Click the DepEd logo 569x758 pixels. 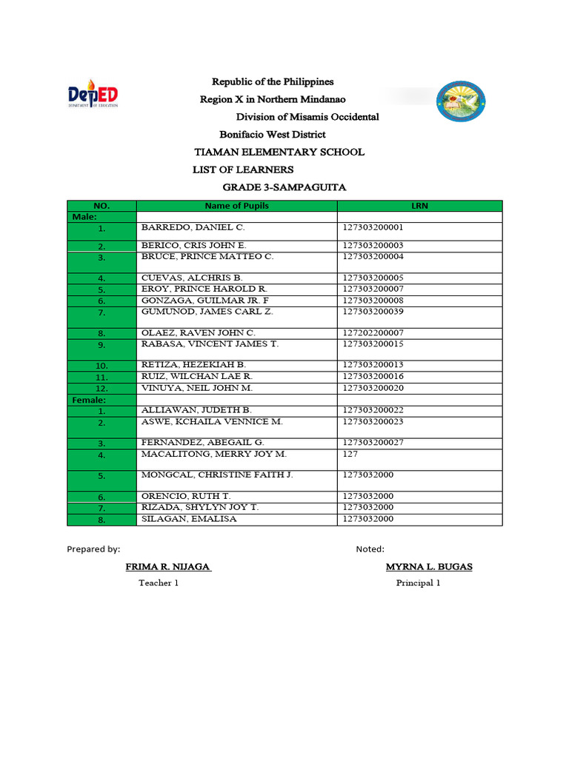coord(93,95)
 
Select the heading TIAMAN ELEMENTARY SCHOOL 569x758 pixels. coord(279,152)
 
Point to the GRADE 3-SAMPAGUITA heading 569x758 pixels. coord(284,188)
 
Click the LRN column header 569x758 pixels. coord(419,206)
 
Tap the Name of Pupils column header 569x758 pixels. coord(236,206)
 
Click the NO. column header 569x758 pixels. coord(102,206)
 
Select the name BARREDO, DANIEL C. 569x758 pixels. coord(193,228)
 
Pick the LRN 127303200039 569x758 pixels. coord(373,312)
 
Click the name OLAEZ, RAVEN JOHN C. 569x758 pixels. coord(198,333)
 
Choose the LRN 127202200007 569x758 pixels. coord(373,333)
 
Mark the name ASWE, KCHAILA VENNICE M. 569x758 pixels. coord(212,421)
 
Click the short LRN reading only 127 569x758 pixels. coord(350,453)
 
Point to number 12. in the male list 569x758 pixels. coord(102,389)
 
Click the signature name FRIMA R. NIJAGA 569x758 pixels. coord(168,567)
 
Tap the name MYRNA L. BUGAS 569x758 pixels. coord(428,567)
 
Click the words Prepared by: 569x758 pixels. coord(93,549)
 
